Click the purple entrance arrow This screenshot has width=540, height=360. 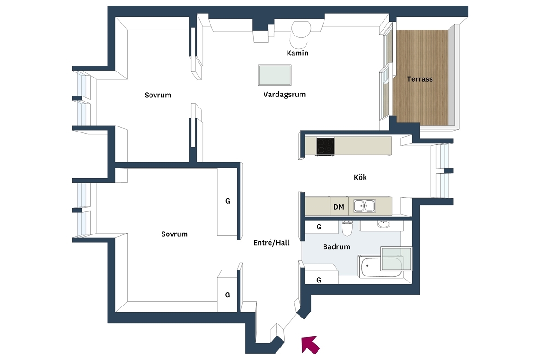(x=310, y=345)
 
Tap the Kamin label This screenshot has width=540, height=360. (x=298, y=53)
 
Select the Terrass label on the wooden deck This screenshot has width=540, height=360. (x=420, y=79)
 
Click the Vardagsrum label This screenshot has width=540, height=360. (x=284, y=95)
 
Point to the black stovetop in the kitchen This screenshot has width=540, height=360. (x=325, y=146)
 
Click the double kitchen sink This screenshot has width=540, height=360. (x=364, y=206)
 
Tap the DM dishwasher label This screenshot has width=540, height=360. (x=339, y=207)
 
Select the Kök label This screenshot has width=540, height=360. (x=360, y=177)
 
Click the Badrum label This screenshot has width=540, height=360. (x=336, y=246)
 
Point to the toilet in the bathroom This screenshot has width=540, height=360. (x=347, y=228)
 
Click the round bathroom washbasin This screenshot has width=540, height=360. (x=383, y=224)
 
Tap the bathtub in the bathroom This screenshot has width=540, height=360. (x=381, y=266)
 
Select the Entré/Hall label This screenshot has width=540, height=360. (x=271, y=243)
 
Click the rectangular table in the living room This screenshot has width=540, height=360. (x=275, y=75)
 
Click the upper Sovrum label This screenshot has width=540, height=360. (x=158, y=95)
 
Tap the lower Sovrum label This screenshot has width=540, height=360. (x=174, y=234)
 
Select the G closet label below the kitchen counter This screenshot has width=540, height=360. (x=319, y=227)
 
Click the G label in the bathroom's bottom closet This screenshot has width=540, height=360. (x=318, y=281)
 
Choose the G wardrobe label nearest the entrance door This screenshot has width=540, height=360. (x=227, y=295)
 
